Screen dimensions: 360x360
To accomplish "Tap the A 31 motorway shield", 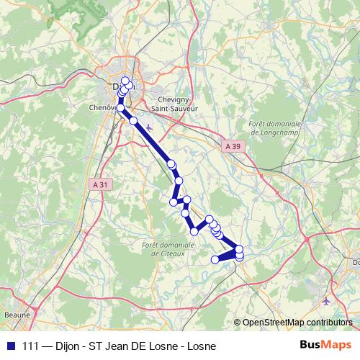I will pos(102,184).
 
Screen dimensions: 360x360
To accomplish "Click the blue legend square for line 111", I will pos(9,346).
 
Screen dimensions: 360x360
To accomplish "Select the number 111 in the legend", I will pos(32,346).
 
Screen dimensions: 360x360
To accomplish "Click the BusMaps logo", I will pos(326,345).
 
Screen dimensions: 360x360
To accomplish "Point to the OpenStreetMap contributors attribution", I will pos(297,323).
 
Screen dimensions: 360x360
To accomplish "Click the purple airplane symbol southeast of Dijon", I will pos(149,128).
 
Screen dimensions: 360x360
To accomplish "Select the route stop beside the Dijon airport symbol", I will pos(133,120).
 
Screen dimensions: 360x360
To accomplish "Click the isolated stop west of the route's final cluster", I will pos(215,259).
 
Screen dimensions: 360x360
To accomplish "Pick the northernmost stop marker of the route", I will pos(125,81).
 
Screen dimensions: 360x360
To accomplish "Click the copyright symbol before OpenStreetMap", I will pos(237,323).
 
